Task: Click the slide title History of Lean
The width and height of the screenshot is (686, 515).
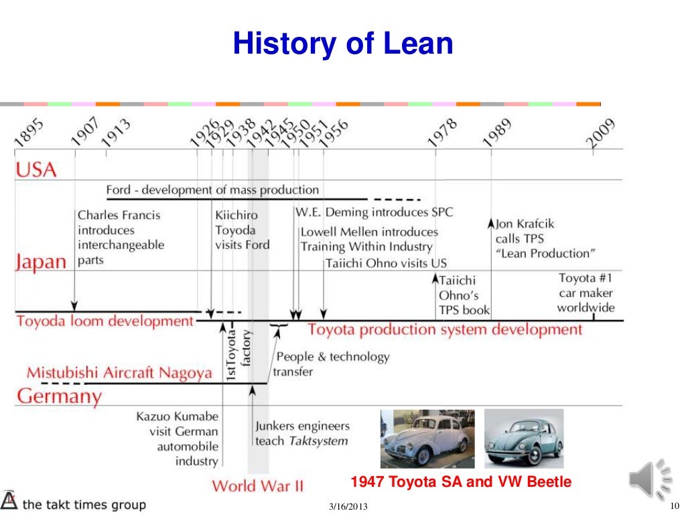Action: [x=342, y=44]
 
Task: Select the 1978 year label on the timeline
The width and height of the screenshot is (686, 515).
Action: [x=442, y=132]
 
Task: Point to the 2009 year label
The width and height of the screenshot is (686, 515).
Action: [x=601, y=132]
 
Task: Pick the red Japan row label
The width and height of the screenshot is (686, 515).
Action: [x=41, y=262]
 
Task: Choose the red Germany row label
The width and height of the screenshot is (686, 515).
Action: [x=59, y=396]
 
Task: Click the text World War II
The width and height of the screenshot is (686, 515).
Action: [x=258, y=485]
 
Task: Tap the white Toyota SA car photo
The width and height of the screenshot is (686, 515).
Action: [x=427, y=439]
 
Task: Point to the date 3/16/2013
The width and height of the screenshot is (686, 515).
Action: [x=348, y=506]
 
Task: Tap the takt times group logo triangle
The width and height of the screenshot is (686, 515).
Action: [x=9, y=501]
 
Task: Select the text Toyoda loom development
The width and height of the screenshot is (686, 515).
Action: [x=105, y=321]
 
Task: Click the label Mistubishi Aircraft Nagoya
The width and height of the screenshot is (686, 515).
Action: [x=119, y=373]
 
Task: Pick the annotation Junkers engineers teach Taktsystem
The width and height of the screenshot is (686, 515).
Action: [x=302, y=433]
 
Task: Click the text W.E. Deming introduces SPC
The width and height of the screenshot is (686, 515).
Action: [x=374, y=213]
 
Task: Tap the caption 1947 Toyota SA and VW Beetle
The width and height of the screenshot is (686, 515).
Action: [x=461, y=481]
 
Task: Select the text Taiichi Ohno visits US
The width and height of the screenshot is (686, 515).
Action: [x=386, y=264]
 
